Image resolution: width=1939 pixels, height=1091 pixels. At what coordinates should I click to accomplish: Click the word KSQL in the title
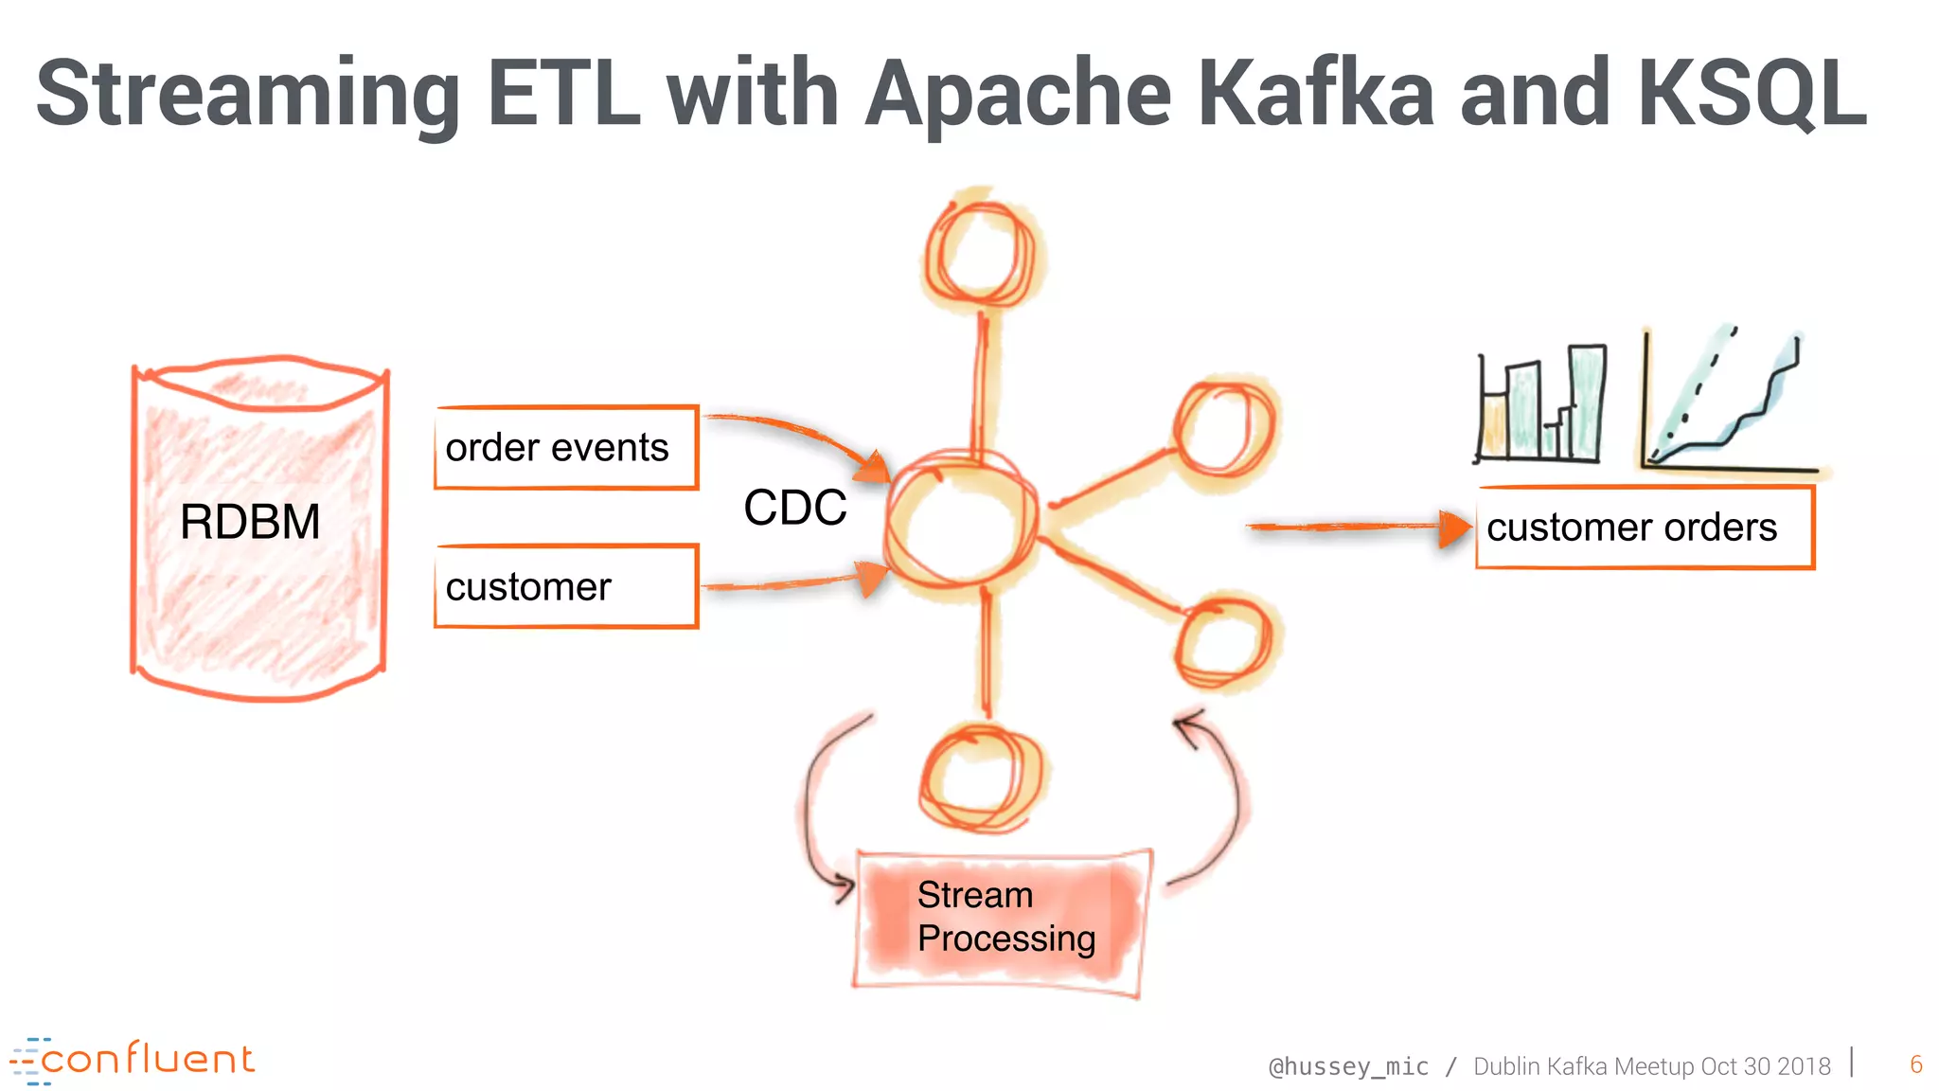(x=1752, y=93)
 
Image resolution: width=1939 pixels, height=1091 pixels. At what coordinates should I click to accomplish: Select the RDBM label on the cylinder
(x=250, y=522)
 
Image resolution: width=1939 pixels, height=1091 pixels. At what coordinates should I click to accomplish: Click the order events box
(x=565, y=448)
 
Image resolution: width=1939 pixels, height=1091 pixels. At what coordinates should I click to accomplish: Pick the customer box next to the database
(x=565, y=586)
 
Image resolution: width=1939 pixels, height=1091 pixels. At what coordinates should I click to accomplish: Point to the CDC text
(x=794, y=508)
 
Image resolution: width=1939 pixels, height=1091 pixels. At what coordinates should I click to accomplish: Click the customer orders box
(x=1644, y=528)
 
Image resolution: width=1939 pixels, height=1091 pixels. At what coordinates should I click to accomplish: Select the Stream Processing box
(x=1004, y=919)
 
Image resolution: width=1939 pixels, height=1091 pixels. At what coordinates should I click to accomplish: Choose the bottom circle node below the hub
(x=981, y=777)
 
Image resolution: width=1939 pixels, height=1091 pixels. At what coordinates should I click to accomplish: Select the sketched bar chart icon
(x=1540, y=404)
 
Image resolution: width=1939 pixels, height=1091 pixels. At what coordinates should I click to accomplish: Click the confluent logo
(x=133, y=1060)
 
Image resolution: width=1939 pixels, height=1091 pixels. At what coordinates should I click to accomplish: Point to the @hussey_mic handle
(x=1347, y=1066)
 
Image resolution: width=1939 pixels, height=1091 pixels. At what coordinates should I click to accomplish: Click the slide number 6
(x=1915, y=1064)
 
